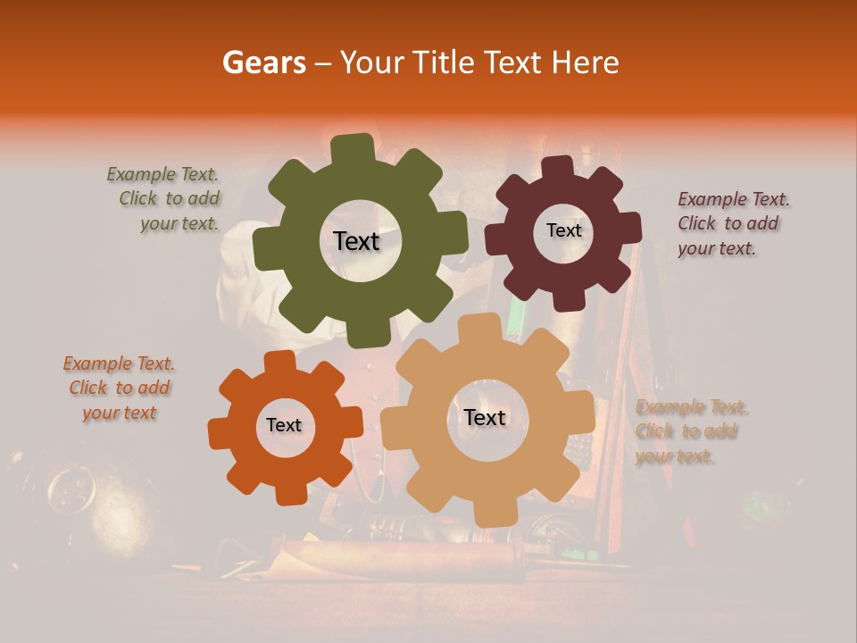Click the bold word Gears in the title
click(263, 63)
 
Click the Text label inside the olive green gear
click(356, 241)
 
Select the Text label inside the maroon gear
click(563, 230)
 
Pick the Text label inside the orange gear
click(284, 425)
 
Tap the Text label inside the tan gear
click(485, 417)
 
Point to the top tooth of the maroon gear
click(558, 168)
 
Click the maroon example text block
click(732, 224)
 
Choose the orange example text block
click(119, 388)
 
